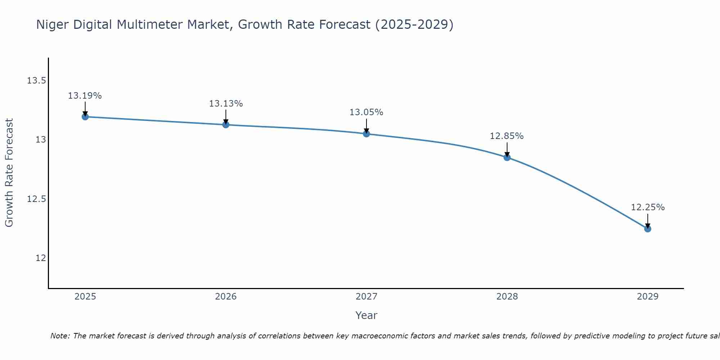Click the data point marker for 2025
(85, 117)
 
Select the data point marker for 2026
(226, 125)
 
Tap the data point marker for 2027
(366, 134)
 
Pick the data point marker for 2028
(507, 157)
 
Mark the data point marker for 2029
(648, 229)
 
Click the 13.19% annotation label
(85, 96)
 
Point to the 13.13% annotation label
(226, 104)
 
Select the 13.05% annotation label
(366, 112)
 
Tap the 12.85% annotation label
(507, 136)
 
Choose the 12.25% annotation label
(648, 207)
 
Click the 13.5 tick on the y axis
(36, 80)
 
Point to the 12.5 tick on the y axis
(36, 199)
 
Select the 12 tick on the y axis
(41, 258)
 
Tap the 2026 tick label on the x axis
(226, 297)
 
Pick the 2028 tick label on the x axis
(507, 297)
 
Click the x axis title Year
(366, 315)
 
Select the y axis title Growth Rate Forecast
(9, 173)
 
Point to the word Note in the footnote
(60, 336)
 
